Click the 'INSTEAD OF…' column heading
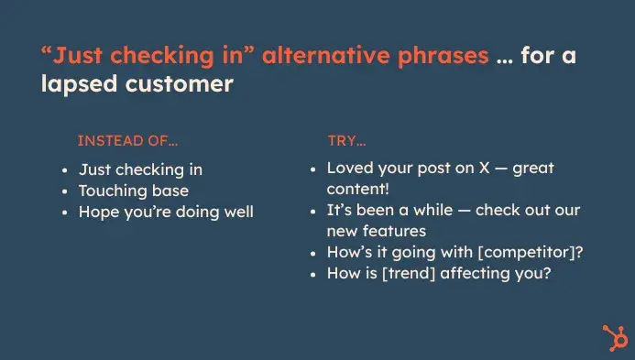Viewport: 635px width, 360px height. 127,141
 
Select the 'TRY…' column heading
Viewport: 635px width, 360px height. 346,141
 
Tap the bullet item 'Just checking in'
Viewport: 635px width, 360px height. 140,169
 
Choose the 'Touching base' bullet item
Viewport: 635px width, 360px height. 134,191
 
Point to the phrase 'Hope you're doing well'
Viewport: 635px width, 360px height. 166,212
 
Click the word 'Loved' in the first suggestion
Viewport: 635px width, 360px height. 349,169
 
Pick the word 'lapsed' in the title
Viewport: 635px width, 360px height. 78,84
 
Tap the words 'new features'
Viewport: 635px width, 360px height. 376,232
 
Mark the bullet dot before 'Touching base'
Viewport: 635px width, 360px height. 65,191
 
